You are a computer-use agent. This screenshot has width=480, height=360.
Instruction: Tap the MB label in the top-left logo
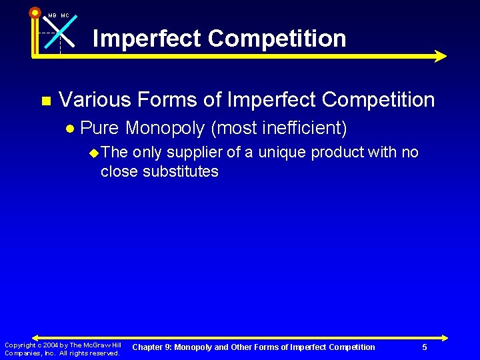52,15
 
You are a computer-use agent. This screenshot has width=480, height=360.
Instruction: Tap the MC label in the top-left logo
65,15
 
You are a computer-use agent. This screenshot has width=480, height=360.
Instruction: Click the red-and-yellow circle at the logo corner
35,12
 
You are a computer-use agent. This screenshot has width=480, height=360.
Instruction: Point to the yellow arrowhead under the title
439,57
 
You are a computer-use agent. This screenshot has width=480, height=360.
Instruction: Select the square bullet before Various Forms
45,101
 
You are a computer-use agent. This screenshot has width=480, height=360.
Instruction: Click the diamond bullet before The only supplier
93,153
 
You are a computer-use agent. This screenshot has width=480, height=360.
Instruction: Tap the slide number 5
425,347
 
